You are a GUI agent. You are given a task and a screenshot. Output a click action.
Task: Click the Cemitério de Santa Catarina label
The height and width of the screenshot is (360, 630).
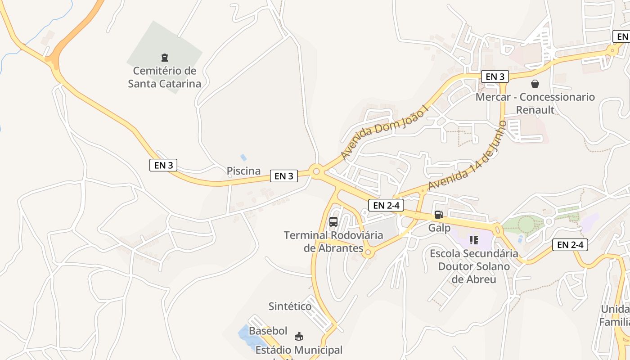165,77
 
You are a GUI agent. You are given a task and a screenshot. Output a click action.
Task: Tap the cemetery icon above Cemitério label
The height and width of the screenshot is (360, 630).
165,57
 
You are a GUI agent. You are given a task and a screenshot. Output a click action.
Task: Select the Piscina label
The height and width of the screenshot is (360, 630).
243,171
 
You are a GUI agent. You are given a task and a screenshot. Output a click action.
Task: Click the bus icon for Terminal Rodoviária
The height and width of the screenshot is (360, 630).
333,221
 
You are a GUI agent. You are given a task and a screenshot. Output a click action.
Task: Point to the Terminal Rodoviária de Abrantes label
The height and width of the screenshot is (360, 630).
333,241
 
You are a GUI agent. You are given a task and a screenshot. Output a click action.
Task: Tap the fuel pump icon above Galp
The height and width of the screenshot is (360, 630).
439,215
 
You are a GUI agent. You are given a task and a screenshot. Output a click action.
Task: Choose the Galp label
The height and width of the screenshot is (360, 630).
439,228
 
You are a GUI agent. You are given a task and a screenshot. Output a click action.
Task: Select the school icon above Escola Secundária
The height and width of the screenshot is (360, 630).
473,240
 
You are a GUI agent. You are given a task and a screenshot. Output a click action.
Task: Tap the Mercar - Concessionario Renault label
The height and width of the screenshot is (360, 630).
535,103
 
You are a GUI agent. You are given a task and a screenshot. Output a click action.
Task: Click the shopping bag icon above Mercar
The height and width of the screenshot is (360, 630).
535,84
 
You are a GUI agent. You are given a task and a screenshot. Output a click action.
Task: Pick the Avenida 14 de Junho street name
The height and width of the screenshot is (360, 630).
468,155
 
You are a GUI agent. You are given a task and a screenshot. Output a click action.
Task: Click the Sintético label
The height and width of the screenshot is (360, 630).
290,306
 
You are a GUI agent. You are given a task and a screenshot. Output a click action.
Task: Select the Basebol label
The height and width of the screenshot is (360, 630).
268,331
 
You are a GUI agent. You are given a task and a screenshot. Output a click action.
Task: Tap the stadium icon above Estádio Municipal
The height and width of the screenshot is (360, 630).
298,336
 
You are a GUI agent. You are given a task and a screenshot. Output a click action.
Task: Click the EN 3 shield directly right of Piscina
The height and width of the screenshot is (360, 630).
284,176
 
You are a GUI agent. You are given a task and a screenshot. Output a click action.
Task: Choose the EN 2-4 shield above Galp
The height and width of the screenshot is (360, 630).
386,205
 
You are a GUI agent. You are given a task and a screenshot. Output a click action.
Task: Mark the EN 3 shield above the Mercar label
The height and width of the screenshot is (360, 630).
495,76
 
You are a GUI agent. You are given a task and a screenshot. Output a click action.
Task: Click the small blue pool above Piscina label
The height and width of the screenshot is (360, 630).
243,157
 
